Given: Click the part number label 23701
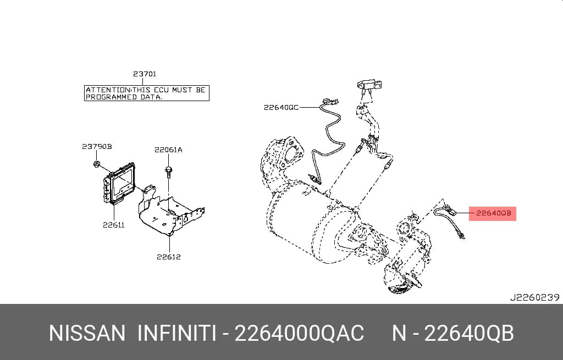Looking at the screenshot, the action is [145, 74].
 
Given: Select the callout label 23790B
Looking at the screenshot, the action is [97, 146].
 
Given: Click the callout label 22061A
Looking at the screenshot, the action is [168, 149].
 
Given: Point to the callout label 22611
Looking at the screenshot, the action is [114, 225].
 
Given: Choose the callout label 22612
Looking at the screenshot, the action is [169, 257].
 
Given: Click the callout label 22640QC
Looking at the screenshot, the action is [281, 107].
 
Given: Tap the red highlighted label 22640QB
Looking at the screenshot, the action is [493, 213].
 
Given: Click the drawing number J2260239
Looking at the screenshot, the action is [534, 297].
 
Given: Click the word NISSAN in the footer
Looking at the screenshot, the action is [87, 333].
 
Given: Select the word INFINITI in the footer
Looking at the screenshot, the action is [177, 333].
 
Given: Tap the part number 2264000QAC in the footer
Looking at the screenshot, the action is [299, 333].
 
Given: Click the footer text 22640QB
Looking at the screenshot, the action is [469, 333].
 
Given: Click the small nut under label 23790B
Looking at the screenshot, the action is [96, 164].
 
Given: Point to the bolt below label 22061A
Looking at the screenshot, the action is [168, 171].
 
